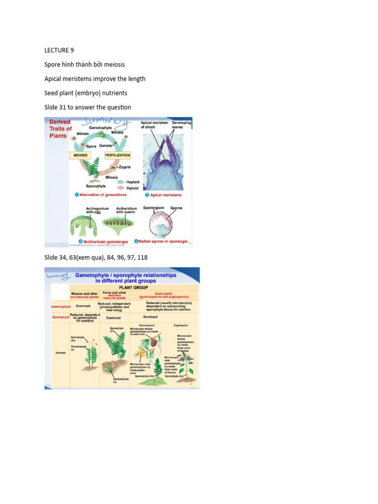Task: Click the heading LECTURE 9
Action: coord(61,50)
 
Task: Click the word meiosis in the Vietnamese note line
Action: coord(113,64)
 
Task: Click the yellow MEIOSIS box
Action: coord(84,155)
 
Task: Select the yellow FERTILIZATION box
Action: coord(117,155)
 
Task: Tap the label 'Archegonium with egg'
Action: coord(84,210)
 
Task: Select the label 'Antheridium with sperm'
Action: coord(126,210)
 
